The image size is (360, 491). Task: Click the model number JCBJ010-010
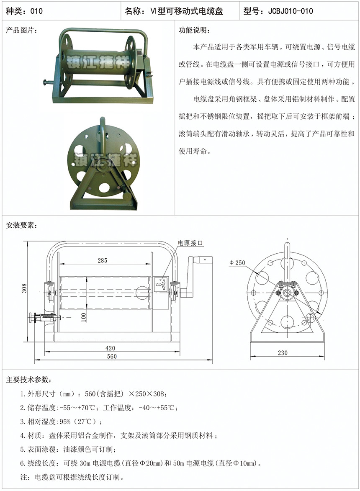click(291, 11)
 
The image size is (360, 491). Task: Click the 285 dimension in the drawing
click(103, 260)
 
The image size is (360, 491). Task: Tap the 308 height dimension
click(24, 288)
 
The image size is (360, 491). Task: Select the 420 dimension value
click(110, 348)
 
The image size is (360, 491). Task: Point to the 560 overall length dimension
click(112, 356)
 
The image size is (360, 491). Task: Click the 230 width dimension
click(283, 352)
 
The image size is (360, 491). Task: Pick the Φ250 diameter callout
click(237, 263)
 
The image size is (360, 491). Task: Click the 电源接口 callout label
click(190, 243)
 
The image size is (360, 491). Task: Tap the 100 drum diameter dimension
click(84, 317)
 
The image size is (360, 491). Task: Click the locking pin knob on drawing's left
click(31, 319)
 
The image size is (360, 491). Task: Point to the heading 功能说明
click(194, 30)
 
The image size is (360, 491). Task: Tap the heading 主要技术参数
click(28, 380)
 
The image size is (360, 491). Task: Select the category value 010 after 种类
click(36, 11)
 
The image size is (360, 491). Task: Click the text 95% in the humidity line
click(65, 422)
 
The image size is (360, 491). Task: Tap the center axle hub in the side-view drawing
click(287, 293)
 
